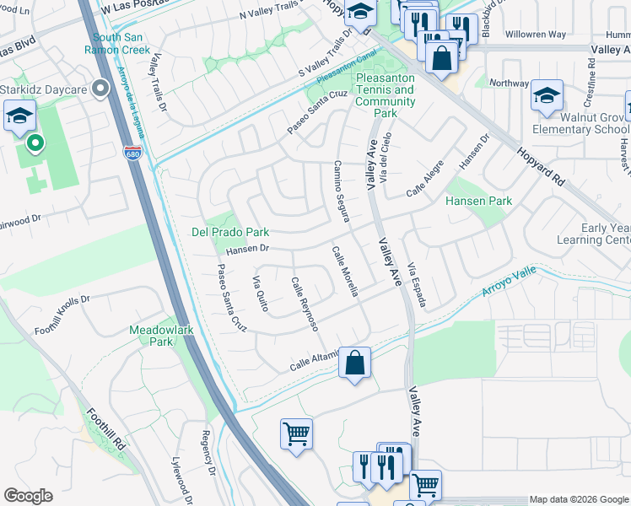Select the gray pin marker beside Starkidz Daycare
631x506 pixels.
[102, 87]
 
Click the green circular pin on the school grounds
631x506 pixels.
[35, 143]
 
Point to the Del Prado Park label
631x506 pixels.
[230, 231]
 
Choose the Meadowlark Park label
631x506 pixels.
[163, 336]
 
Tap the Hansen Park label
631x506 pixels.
[478, 202]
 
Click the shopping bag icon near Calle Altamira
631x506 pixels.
[356, 363]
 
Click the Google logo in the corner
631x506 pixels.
[28, 496]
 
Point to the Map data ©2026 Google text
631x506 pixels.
[579, 499]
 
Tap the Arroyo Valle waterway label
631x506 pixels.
[509, 285]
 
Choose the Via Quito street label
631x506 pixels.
[261, 293]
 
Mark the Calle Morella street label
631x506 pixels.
[346, 272]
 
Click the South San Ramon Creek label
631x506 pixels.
[121, 43]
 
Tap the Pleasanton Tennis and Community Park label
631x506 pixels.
[386, 95]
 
